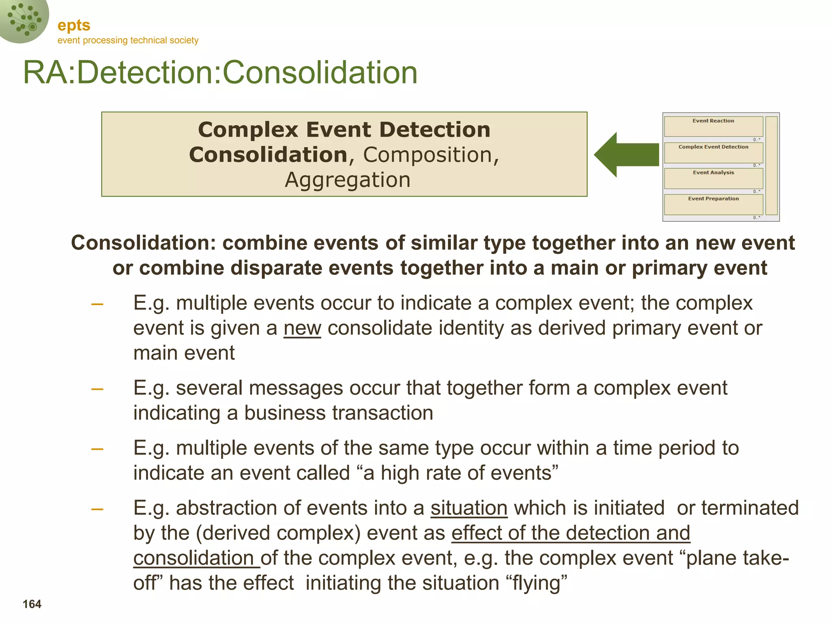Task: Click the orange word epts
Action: pyautogui.click(x=74, y=26)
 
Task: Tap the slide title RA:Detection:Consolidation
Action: pyautogui.click(x=220, y=72)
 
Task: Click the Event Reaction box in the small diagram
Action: pyautogui.click(x=713, y=127)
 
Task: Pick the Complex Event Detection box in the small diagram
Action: pyautogui.click(x=713, y=153)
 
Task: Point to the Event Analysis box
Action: pyautogui.click(x=713, y=178)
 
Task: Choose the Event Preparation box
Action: pyautogui.click(x=713, y=204)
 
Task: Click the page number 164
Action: pyautogui.click(x=32, y=604)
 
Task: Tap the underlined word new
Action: pyautogui.click(x=302, y=328)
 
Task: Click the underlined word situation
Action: pyautogui.click(x=469, y=508)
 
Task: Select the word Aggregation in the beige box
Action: pyautogui.click(x=348, y=180)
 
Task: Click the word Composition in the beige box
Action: pyautogui.click(x=427, y=155)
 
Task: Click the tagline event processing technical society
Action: pyautogui.click(x=128, y=40)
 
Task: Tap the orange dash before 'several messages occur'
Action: pyautogui.click(x=97, y=389)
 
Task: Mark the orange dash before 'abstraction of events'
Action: pyautogui.click(x=97, y=509)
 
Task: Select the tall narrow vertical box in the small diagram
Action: pyautogui.click(x=771, y=166)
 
